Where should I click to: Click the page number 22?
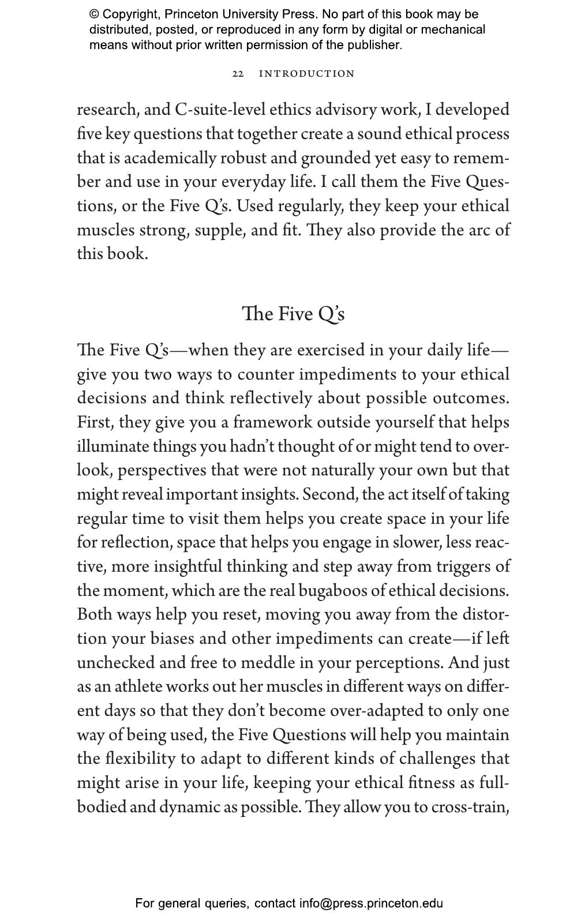238,74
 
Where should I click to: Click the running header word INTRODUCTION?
306,74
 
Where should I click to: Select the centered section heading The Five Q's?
293,314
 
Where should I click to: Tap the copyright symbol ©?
94,14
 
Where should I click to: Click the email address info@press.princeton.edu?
370,903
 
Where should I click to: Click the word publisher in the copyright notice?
373,45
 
